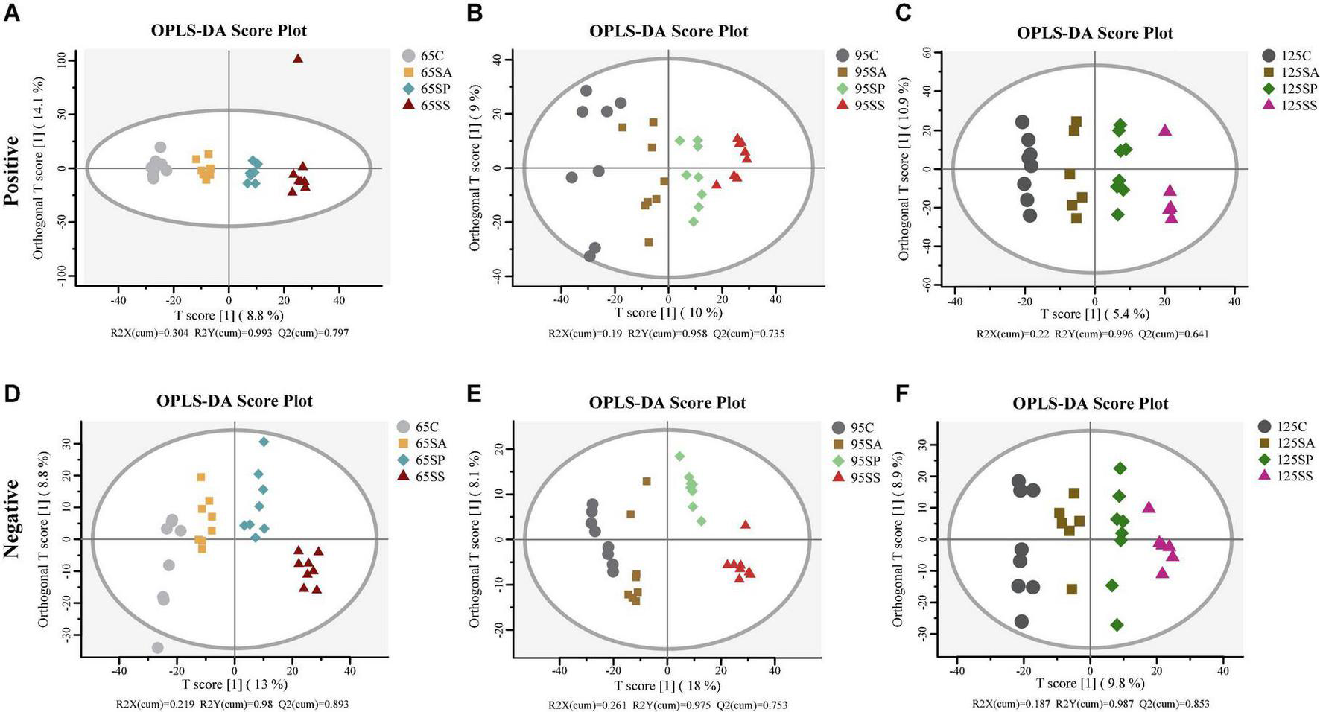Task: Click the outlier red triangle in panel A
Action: pos(297,58)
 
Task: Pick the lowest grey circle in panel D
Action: pos(157,648)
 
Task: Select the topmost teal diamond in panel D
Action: pos(264,442)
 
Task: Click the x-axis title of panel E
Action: pos(667,685)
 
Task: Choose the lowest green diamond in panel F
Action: pos(1117,625)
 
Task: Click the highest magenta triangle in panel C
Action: pos(1165,130)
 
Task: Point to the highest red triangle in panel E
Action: pos(746,524)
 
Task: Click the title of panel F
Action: pos(1090,404)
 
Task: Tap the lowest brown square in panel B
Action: pos(649,242)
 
